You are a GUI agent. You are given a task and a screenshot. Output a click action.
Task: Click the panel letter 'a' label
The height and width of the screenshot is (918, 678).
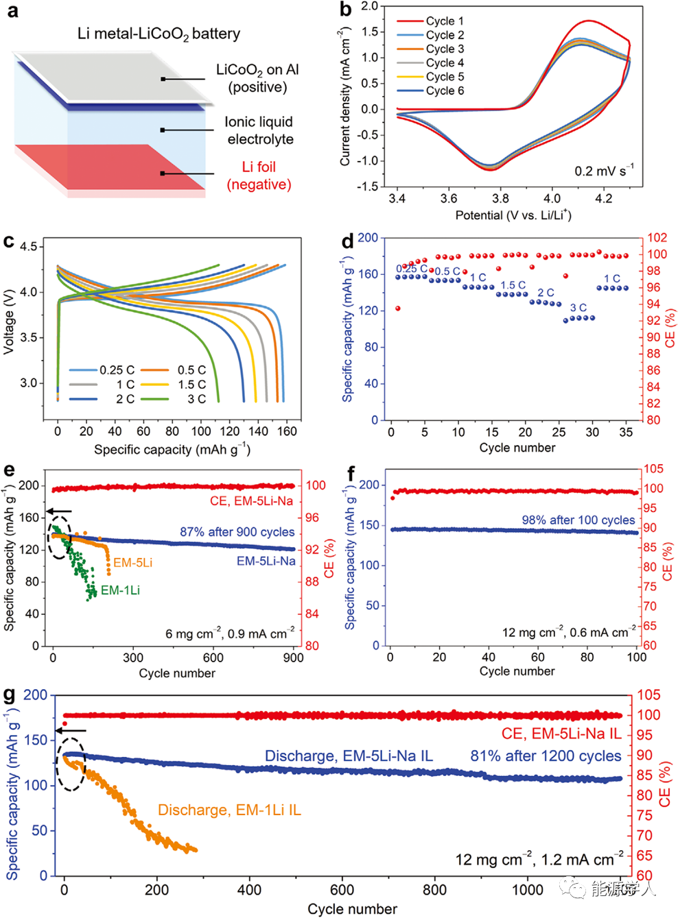(x=12, y=12)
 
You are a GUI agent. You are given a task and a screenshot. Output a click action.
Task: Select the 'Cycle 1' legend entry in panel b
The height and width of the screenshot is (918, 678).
(x=444, y=21)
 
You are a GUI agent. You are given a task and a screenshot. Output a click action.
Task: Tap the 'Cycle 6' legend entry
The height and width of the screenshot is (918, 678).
(x=444, y=90)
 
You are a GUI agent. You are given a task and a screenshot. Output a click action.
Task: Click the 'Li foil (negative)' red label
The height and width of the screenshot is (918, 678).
(x=259, y=176)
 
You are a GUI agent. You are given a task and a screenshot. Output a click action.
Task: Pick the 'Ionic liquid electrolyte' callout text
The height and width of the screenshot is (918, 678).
(x=259, y=130)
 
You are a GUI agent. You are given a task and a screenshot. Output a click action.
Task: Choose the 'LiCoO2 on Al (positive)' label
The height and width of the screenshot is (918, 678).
(x=257, y=78)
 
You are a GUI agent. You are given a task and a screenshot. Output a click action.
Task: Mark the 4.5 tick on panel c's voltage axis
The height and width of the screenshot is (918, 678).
(x=28, y=247)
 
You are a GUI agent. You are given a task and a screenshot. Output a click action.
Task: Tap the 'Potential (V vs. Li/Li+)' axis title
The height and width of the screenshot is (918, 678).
(x=513, y=215)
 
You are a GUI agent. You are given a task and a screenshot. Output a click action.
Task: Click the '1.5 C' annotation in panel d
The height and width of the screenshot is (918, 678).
(x=513, y=285)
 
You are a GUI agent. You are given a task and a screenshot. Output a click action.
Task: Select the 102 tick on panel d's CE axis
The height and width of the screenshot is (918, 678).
(x=657, y=238)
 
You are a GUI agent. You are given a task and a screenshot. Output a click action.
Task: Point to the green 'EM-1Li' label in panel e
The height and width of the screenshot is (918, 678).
(x=120, y=590)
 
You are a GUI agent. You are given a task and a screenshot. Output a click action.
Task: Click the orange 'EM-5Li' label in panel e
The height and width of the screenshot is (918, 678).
(x=132, y=563)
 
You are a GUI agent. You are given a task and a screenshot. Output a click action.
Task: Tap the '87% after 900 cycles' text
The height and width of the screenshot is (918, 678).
(x=237, y=532)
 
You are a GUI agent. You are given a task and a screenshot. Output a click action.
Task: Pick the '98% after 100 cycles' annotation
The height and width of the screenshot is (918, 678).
(x=578, y=520)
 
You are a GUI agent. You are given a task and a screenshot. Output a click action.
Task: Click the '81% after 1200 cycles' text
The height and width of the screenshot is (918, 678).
(x=545, y=756)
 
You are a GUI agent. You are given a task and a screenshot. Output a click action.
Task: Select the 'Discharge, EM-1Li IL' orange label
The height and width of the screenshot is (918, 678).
(x=229, y=810)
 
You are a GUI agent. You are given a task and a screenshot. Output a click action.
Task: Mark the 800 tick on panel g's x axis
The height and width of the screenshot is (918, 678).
(x=434, y=890)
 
